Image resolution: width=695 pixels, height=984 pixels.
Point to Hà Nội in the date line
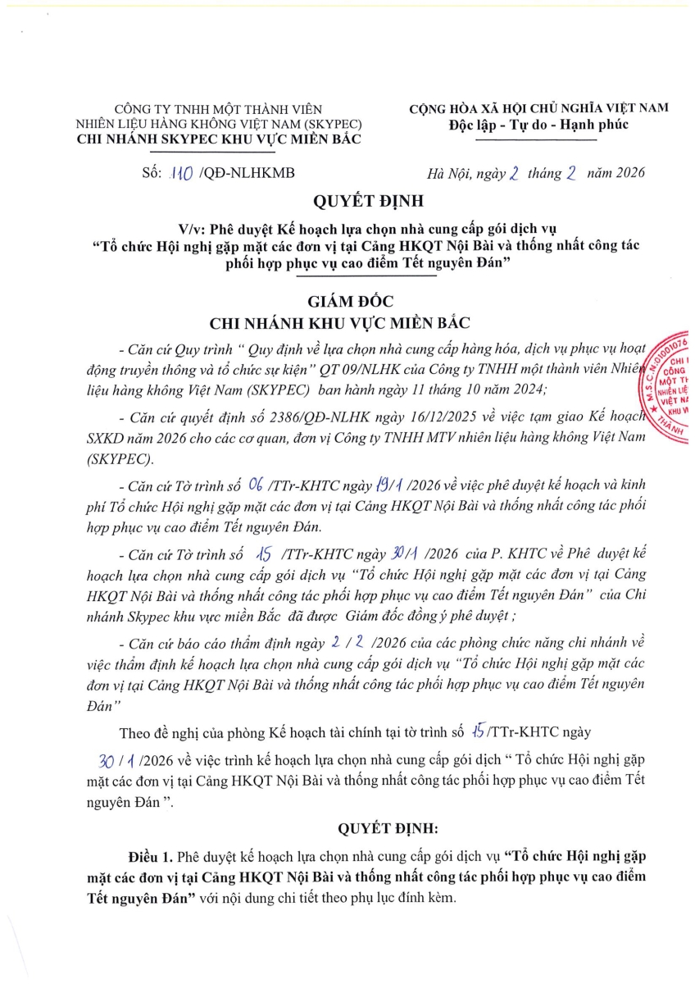tap(451, 173)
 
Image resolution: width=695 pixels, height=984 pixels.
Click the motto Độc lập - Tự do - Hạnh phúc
tap(538, 125)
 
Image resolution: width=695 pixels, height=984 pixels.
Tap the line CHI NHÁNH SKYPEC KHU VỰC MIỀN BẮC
tap(218, 139)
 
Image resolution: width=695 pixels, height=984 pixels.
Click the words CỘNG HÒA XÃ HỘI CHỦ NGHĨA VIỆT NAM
tap(539, 108)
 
